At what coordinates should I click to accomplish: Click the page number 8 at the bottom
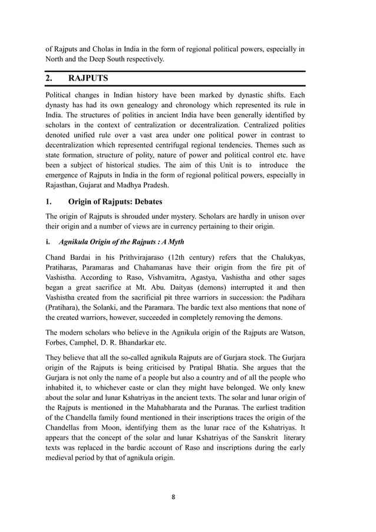[x=173, y=497]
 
